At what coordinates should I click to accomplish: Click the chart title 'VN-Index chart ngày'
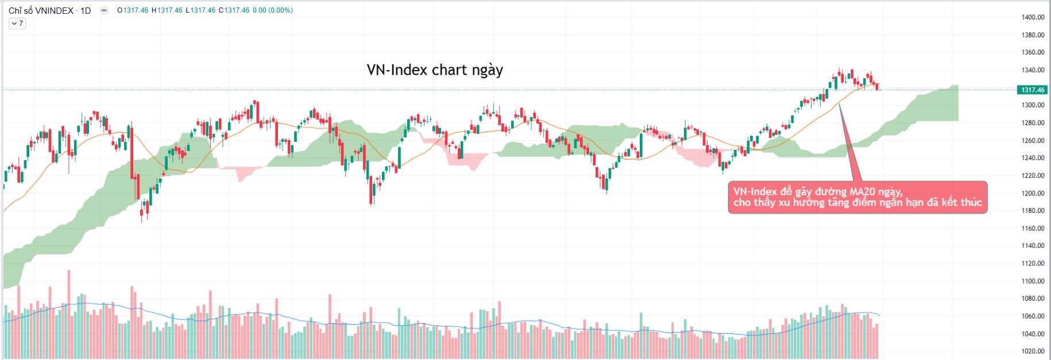tap(435, 70)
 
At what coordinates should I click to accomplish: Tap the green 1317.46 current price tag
tap(1033, 90)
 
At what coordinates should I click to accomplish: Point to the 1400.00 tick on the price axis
tap(1033, 17)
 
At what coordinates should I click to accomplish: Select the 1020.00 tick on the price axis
tap(1033, 351)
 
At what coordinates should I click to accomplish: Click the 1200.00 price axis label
tap(1033, 193)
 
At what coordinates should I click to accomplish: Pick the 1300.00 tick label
tap(1033, 105)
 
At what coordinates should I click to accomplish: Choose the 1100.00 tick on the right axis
tap(1033, 281)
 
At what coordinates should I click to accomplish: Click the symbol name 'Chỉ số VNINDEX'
tap(41, 10)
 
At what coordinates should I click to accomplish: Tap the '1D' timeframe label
tap(86, 10)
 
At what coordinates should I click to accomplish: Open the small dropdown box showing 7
tap(17, 24)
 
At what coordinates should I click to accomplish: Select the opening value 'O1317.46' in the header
tap(133, 10)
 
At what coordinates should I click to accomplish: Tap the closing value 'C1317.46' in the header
tap(234, 10)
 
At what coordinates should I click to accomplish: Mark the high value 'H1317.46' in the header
tap(167, 10)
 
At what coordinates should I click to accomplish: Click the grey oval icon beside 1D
tap(104, 10)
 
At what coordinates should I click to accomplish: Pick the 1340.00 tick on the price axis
tap(1033, 70)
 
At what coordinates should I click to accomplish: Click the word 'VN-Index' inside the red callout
tap(755, 192)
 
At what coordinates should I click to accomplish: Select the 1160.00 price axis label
tap(1033, 229)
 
